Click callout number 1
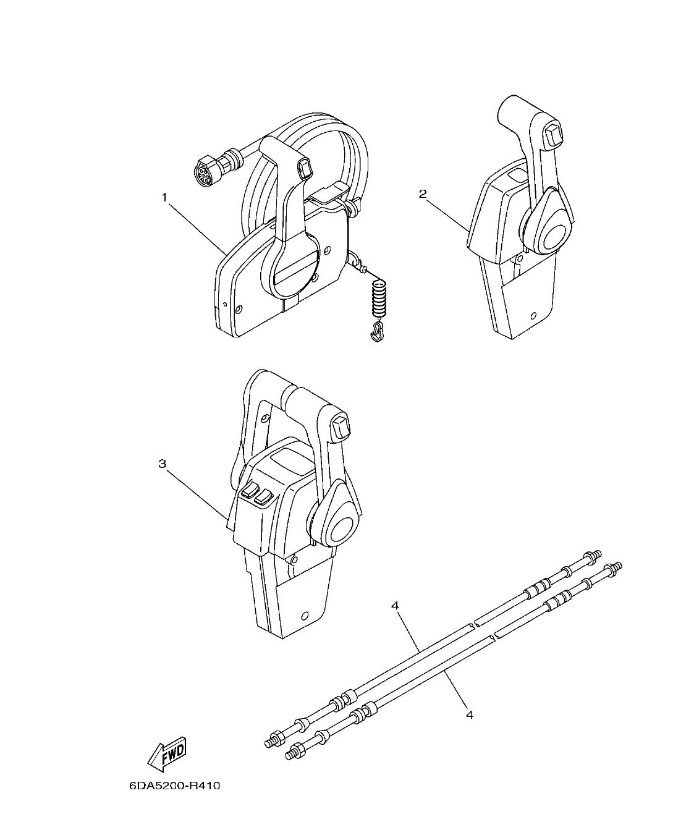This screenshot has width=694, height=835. [x=164, y=197]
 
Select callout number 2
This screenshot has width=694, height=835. [x=423, y=194]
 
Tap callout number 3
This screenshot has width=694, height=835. [x=163, y=464]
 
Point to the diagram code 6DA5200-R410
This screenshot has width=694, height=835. [x=175, y=787]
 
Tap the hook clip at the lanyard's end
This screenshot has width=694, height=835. [x=377, y=334]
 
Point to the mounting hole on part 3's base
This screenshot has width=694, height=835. [x=303, y=616]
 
